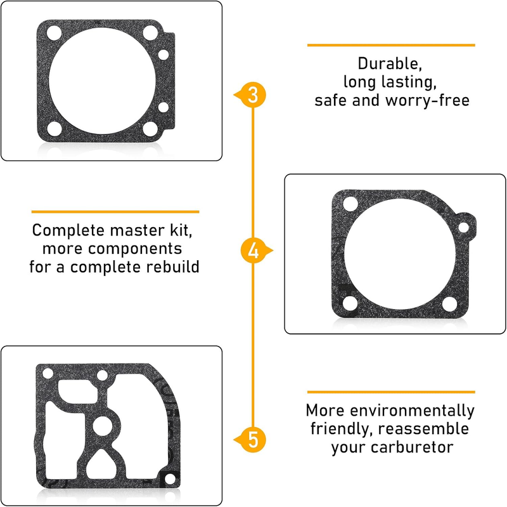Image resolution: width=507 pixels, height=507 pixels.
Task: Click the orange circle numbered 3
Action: pos(253,95)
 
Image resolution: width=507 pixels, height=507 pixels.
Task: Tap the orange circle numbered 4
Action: pos(253,251)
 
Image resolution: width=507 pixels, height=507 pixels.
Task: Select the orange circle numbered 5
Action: pos(253,440)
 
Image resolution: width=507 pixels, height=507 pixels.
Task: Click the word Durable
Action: pos(390,64)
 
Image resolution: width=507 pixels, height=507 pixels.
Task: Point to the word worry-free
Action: pos(427,100)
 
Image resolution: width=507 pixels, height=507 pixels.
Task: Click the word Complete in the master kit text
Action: pos(68,230)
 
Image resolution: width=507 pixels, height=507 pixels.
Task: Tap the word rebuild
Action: pos(172,267)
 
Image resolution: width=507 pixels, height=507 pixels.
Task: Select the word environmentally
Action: pos(413,411)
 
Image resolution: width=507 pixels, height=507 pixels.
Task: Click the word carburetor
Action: pos(412,447)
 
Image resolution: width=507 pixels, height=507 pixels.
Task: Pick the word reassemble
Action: pos(423,429)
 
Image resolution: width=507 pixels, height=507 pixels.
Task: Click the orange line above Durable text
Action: pos(391,45)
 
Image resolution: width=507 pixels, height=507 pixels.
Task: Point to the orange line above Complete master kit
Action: pos(115,212)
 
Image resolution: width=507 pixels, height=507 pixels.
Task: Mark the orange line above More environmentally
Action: pos(391,392)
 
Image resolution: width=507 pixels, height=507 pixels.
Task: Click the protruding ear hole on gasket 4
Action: pos(463,227)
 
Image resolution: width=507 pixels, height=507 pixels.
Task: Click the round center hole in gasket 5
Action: pos(103,426)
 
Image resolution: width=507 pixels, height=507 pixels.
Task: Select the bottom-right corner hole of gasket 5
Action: pos(170,479)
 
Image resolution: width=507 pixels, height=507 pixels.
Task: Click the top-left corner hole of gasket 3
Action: pos(54,33)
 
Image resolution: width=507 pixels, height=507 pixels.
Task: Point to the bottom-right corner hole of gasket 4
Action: pos(450,304)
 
